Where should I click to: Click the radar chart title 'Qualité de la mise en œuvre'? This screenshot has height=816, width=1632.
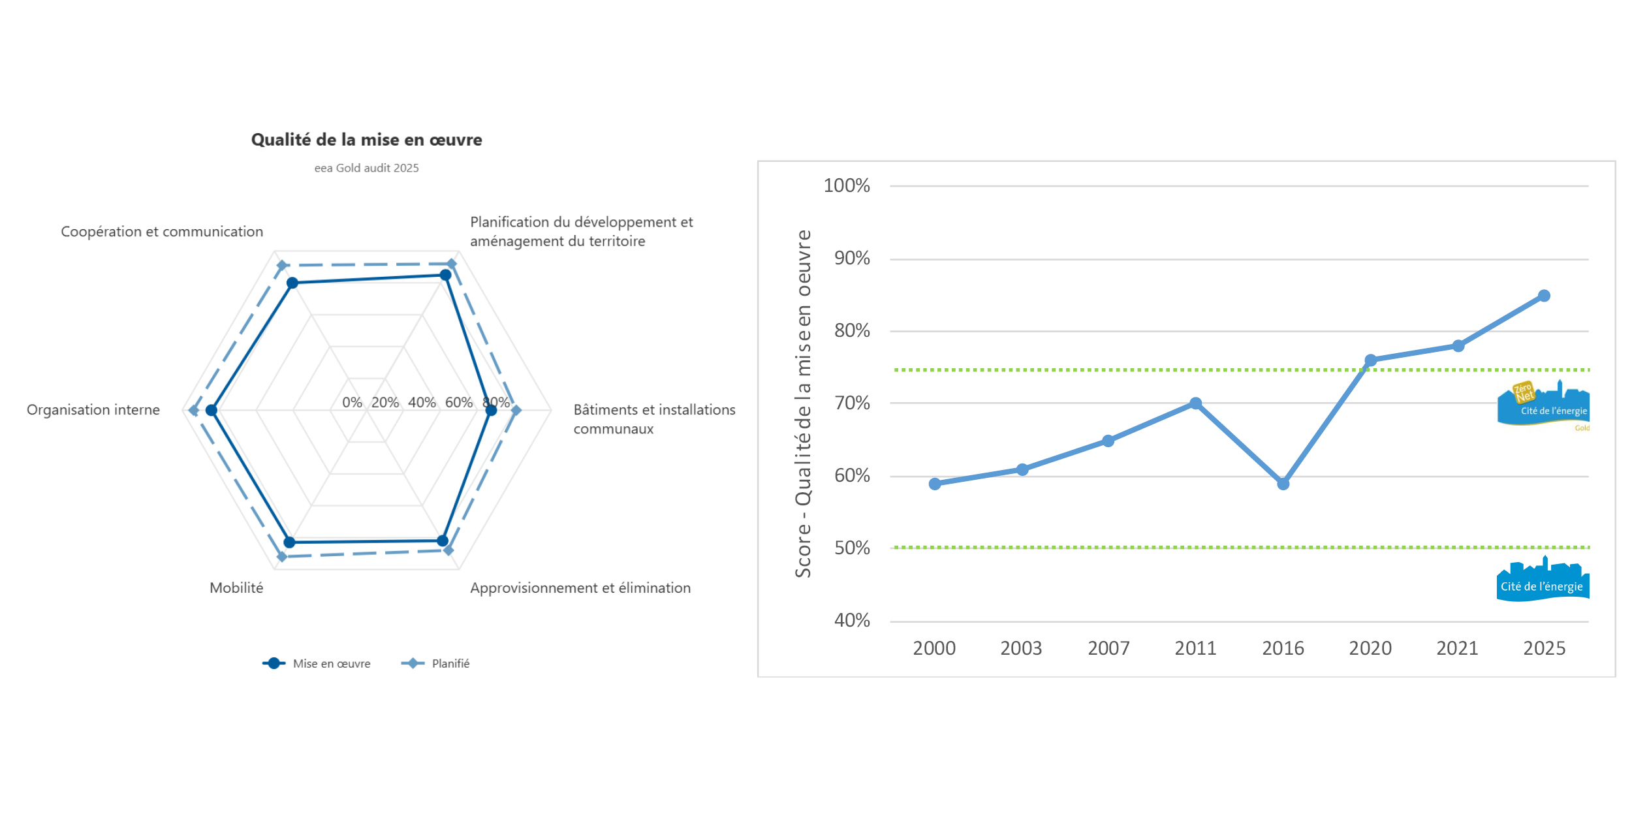tap(366, 140)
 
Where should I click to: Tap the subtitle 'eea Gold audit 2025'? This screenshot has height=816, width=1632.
tap(366, 168)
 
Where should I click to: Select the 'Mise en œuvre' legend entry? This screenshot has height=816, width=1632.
tap(317, 663)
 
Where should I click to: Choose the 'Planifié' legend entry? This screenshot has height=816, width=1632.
tap(436, 663)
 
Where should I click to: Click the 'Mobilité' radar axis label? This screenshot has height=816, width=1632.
tap(236, 588)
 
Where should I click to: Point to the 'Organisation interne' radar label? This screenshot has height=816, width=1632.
tap(93, 409)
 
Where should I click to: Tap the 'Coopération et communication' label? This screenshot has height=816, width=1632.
tap(162, 232)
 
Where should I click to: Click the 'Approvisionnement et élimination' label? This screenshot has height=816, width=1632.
tap(580, 588)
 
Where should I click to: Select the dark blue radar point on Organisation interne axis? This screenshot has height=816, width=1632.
tap(212, 411)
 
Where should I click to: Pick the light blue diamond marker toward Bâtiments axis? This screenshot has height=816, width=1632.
tap(516, 411)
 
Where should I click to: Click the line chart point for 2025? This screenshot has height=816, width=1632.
tap(1544, 296)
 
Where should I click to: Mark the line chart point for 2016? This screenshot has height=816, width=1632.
tap(1283, 484)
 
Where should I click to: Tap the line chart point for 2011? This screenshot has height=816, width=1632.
tap(1195, 403)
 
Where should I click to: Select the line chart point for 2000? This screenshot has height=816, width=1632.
tap(935, 484)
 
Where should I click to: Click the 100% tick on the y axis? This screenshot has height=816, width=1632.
tap(847, 186)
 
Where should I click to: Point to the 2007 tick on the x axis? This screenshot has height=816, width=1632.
tap(1108, 648)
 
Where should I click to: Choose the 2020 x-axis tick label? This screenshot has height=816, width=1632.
tap(1370, 648)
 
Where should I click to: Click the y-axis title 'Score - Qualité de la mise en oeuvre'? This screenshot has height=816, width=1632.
tap(804, 403)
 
